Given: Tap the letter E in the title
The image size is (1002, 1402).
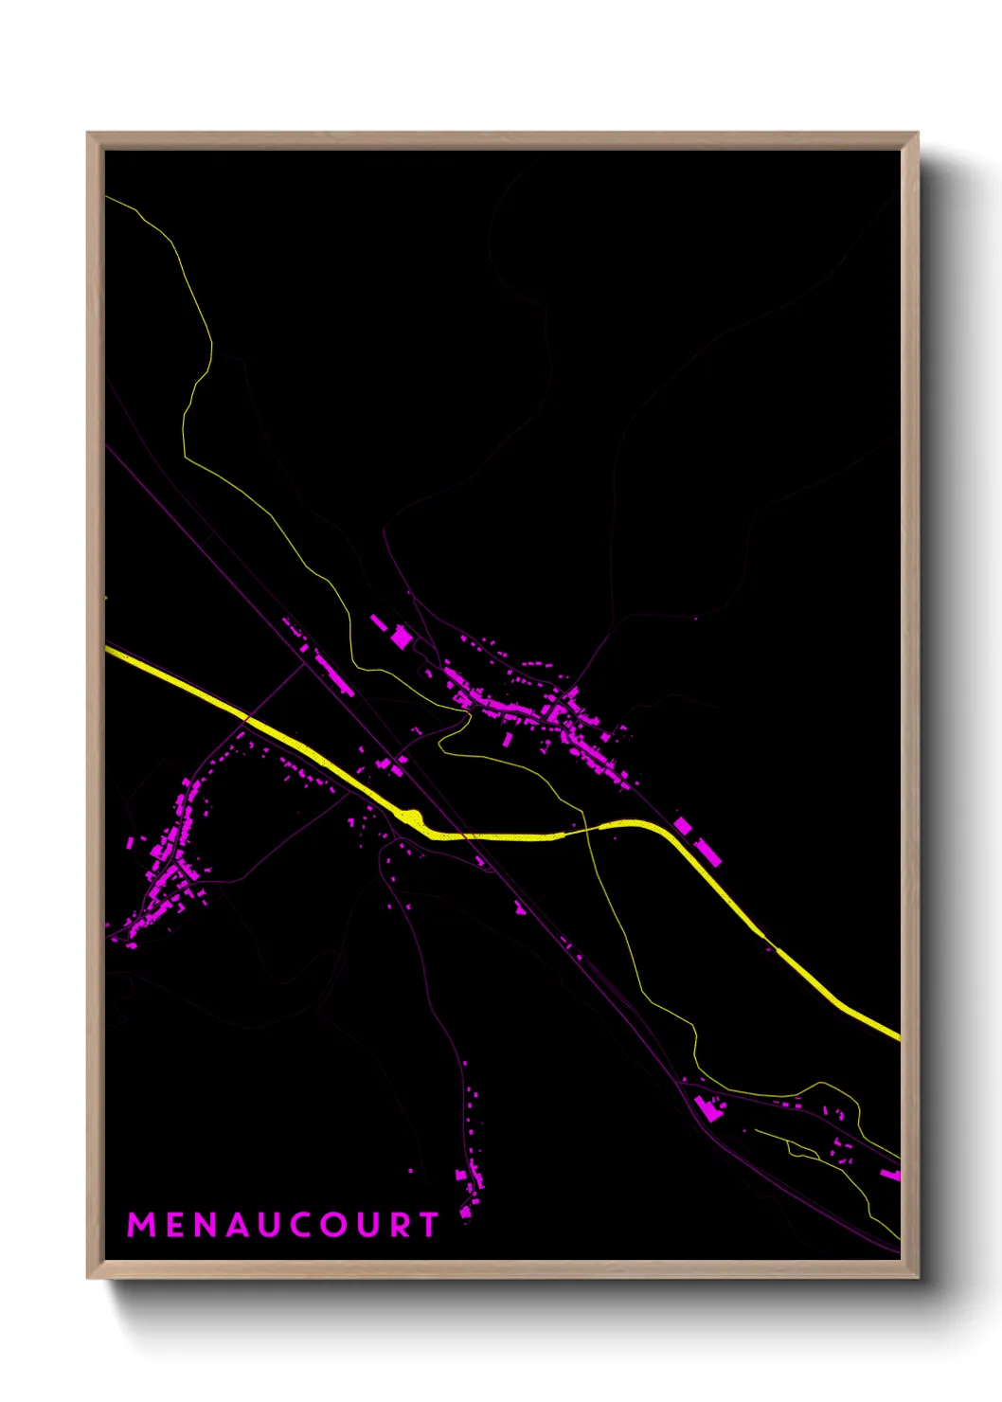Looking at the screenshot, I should coord(175,1225).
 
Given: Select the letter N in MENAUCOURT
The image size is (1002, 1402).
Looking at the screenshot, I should coord(206,1225).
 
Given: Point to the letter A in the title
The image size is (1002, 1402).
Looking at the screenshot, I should coord(240,1225).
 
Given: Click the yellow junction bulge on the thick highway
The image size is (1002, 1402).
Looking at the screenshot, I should coord(411,816).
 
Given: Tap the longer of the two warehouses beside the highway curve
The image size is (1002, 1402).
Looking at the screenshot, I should coord(707,851).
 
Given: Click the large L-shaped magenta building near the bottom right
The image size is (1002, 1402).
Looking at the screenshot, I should coord(707,1107).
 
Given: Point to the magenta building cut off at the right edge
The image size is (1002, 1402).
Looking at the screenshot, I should coord(891,1175).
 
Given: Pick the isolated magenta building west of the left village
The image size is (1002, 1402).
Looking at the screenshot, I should coord(131,841).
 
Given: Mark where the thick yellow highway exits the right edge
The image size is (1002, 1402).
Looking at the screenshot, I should coord(896,1036).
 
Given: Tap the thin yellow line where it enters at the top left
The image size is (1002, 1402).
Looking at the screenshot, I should coord(108,198).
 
